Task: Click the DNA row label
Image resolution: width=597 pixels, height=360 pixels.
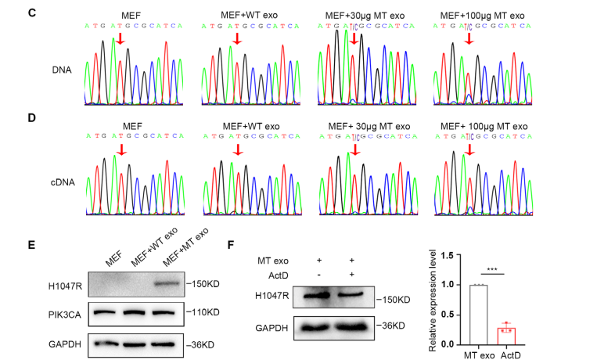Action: (61, 70)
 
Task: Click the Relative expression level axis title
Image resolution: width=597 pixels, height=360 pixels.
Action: (429, 297)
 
